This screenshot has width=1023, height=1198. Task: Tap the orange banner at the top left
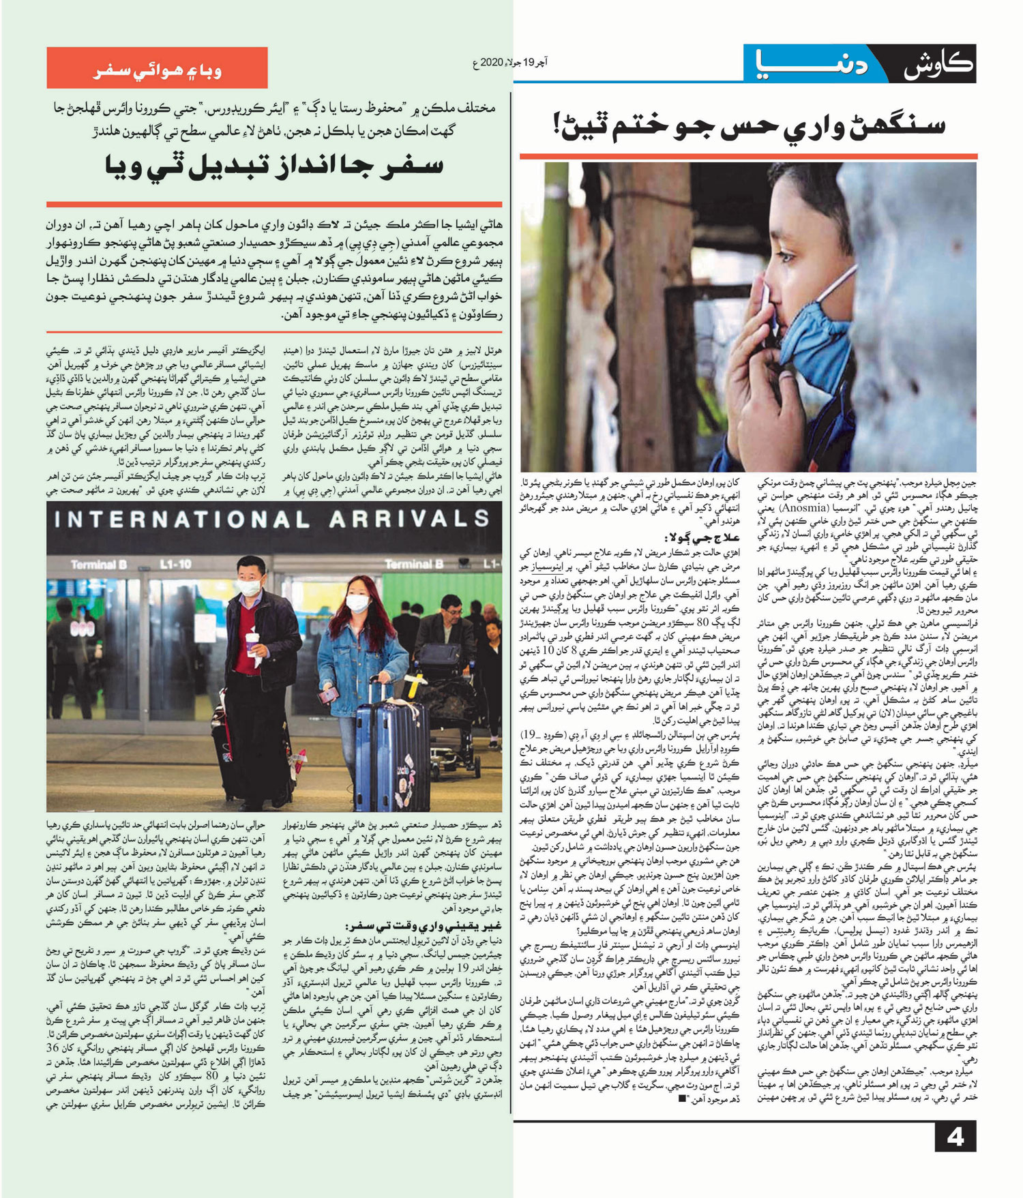(157, 68)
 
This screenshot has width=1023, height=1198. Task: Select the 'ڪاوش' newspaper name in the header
(936, 66)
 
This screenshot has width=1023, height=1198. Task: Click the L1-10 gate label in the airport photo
(175, 565)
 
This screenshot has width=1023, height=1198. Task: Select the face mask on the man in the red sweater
(250, 586)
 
